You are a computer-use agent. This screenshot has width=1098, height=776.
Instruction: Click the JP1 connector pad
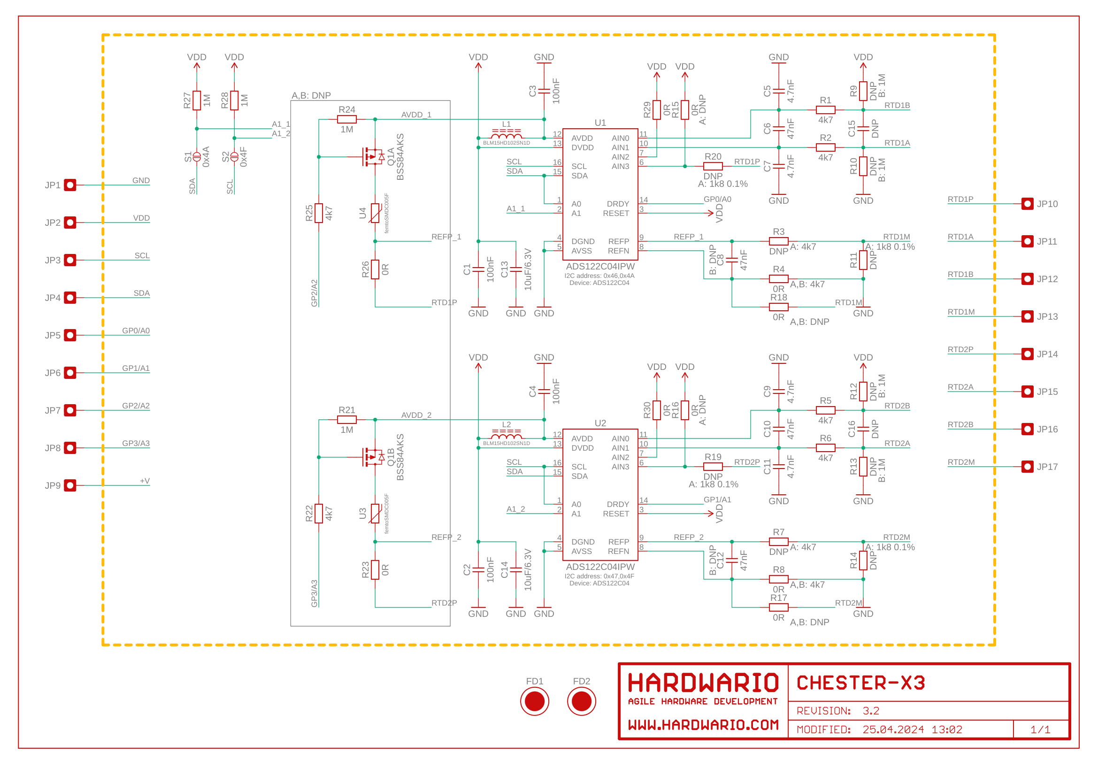point(70,185)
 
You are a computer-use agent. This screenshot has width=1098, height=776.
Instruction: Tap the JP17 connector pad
point(1027,466)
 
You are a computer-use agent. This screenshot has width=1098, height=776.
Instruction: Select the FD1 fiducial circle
point(534,701)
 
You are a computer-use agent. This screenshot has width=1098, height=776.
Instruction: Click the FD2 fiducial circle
point(581,701)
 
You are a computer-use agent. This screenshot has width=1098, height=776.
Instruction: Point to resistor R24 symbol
point(347,120)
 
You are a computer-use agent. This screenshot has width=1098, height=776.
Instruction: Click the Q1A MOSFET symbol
point(373,157)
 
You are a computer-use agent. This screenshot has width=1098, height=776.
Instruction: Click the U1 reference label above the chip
point(600,123)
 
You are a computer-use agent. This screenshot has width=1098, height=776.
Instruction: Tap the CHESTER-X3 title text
point(860,683)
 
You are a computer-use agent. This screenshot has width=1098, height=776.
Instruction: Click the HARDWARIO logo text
point(703,683)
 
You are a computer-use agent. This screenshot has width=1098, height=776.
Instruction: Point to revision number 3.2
point(871,710)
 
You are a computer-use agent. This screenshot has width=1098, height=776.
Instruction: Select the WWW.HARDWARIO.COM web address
point(703,725)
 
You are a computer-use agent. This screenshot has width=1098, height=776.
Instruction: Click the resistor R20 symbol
point(713,166)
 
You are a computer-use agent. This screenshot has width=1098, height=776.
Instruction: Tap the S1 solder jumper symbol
point(197,157)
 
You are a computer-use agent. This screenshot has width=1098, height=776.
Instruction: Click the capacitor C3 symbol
point(544,92)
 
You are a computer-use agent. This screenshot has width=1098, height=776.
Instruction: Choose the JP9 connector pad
point(70,485)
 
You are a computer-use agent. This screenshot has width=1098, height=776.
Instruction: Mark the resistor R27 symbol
point(197,100)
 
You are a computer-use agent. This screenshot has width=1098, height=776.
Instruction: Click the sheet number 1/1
point(1040,730)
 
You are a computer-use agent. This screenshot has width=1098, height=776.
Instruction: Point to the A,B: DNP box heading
point(311,96)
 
